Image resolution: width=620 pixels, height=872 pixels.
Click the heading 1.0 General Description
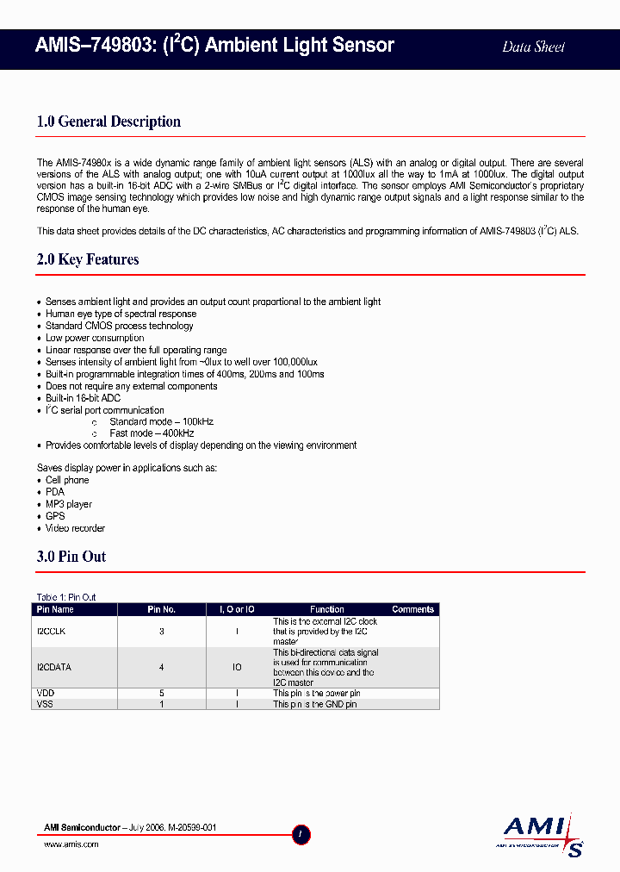pos(108,121)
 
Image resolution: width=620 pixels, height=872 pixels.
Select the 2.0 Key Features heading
pos(88,259)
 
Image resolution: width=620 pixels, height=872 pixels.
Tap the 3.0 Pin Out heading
pos(71,557)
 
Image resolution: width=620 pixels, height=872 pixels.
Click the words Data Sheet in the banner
pos(533,47)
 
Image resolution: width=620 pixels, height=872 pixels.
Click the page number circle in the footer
pos(301,834)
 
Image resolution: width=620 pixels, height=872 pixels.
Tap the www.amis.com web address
pos(71,844)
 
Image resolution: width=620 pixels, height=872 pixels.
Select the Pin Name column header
pos(55,609)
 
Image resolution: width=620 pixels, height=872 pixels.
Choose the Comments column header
pos(412,609)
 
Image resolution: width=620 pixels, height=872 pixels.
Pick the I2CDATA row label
pos(54,667)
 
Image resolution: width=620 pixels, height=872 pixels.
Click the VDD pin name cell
pos(45,693)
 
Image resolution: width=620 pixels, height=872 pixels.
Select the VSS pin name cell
pos(45,704)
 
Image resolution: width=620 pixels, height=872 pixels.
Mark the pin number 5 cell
pos(161,693)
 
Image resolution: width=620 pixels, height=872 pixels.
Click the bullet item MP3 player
pos(68,504)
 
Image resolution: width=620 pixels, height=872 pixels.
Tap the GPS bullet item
pos(55,516)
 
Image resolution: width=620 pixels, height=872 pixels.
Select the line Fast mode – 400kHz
pos(151,433)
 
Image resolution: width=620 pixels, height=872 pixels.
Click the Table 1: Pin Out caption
pos(66,597)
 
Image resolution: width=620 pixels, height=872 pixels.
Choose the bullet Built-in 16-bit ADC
pos(83,398)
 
